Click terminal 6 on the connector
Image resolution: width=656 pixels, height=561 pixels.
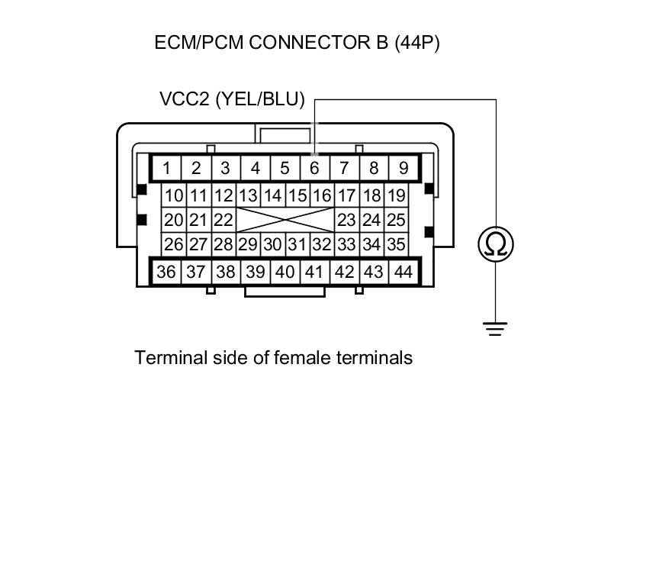[x=314, y=168]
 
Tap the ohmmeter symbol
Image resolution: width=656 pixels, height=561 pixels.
[x=496, y=244]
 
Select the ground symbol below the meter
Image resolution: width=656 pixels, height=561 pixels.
[x=496, y=328]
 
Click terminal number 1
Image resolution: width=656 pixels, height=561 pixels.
[x=166, y=168]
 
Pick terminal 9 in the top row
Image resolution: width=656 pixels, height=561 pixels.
[x=404, y=168]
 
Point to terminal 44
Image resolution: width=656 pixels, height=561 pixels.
[x=402, y=272]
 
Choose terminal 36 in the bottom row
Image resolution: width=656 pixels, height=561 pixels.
[x=166, y=272]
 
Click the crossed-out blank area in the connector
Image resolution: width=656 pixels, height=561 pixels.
[x=285, y=221]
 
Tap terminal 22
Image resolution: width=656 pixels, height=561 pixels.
[x=223, y=221]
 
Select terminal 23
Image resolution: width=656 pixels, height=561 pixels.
[x=346, y=221]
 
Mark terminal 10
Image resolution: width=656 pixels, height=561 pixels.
[x=174, y=196]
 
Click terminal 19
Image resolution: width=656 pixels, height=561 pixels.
[x=395, y=196]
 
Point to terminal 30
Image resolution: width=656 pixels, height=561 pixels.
[x=272, y=245]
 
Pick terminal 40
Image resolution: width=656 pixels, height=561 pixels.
[x=285, y=272]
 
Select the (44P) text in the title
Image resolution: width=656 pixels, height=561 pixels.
[x=416, y=42]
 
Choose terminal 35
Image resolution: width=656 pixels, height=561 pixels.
[x=395, y=245]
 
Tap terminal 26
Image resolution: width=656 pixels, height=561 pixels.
[x=174, y=245]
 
